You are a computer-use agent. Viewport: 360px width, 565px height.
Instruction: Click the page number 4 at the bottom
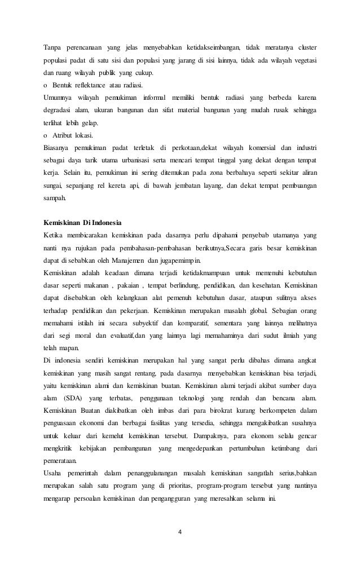(179, 530)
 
